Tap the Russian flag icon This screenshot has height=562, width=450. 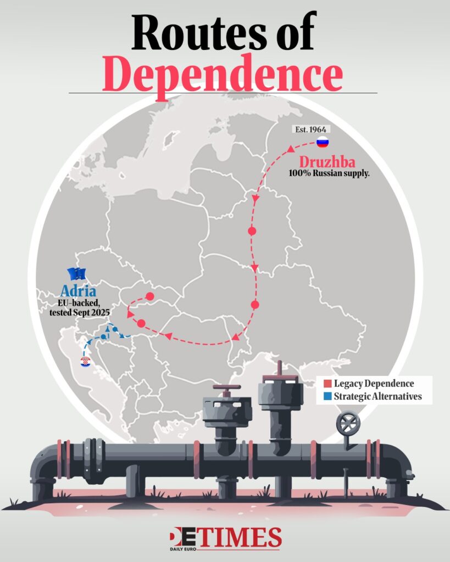point(322,143)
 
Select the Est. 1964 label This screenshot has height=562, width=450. point(310,130)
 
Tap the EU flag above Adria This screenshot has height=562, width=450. point(77,274)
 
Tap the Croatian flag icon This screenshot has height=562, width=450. point(85,362)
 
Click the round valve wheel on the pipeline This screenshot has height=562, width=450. point(348,424)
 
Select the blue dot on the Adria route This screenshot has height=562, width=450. point(115,329)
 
